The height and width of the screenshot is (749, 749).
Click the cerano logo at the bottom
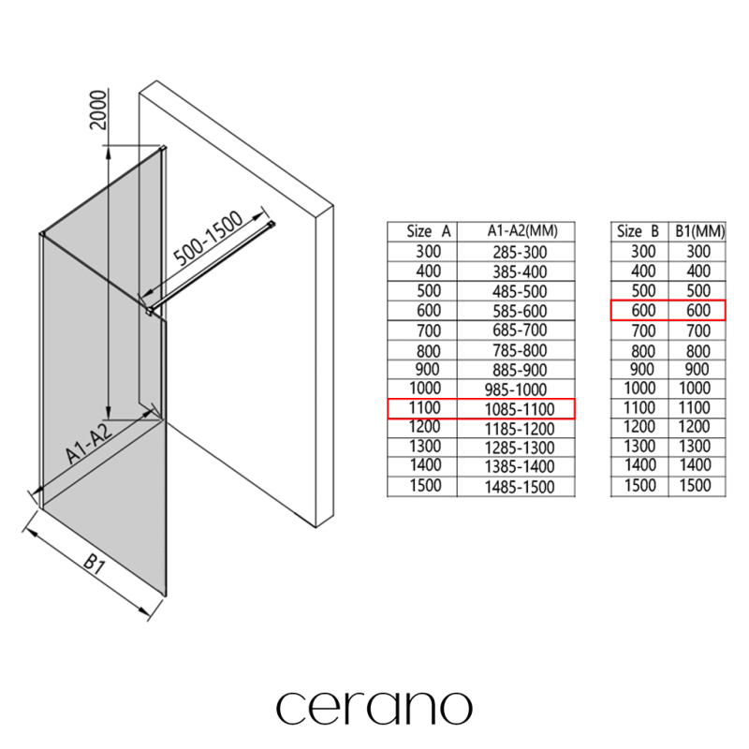pos(374,708)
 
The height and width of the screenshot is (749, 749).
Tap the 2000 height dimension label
pos(98,110)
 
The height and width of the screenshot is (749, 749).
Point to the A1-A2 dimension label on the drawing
pos(90,442)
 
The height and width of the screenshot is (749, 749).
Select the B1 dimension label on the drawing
pos(95,564)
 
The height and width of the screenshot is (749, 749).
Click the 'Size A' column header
pos(429,231)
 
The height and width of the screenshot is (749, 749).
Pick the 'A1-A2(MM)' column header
pos(522,231)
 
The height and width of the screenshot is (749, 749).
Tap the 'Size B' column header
pos(638,231)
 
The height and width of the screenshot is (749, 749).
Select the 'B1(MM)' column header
pos(699,231)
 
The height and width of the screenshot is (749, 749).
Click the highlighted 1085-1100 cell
pos(520,409)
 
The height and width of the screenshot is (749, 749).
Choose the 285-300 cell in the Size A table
pos(520,252)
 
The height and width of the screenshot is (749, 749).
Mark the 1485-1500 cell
pos(520,487)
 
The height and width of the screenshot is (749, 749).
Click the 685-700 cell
pos(520,330)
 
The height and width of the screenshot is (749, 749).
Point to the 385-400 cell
pos(520,272)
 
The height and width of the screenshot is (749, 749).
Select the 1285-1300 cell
pos(520,448)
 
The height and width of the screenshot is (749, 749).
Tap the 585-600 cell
pos(520,311)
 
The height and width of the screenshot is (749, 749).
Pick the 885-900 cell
pos(520,369)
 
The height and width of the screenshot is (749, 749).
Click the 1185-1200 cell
pos(520,429)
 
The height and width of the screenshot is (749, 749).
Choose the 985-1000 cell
pos(516,389)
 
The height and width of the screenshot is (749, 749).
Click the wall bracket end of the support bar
pos(272,225)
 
